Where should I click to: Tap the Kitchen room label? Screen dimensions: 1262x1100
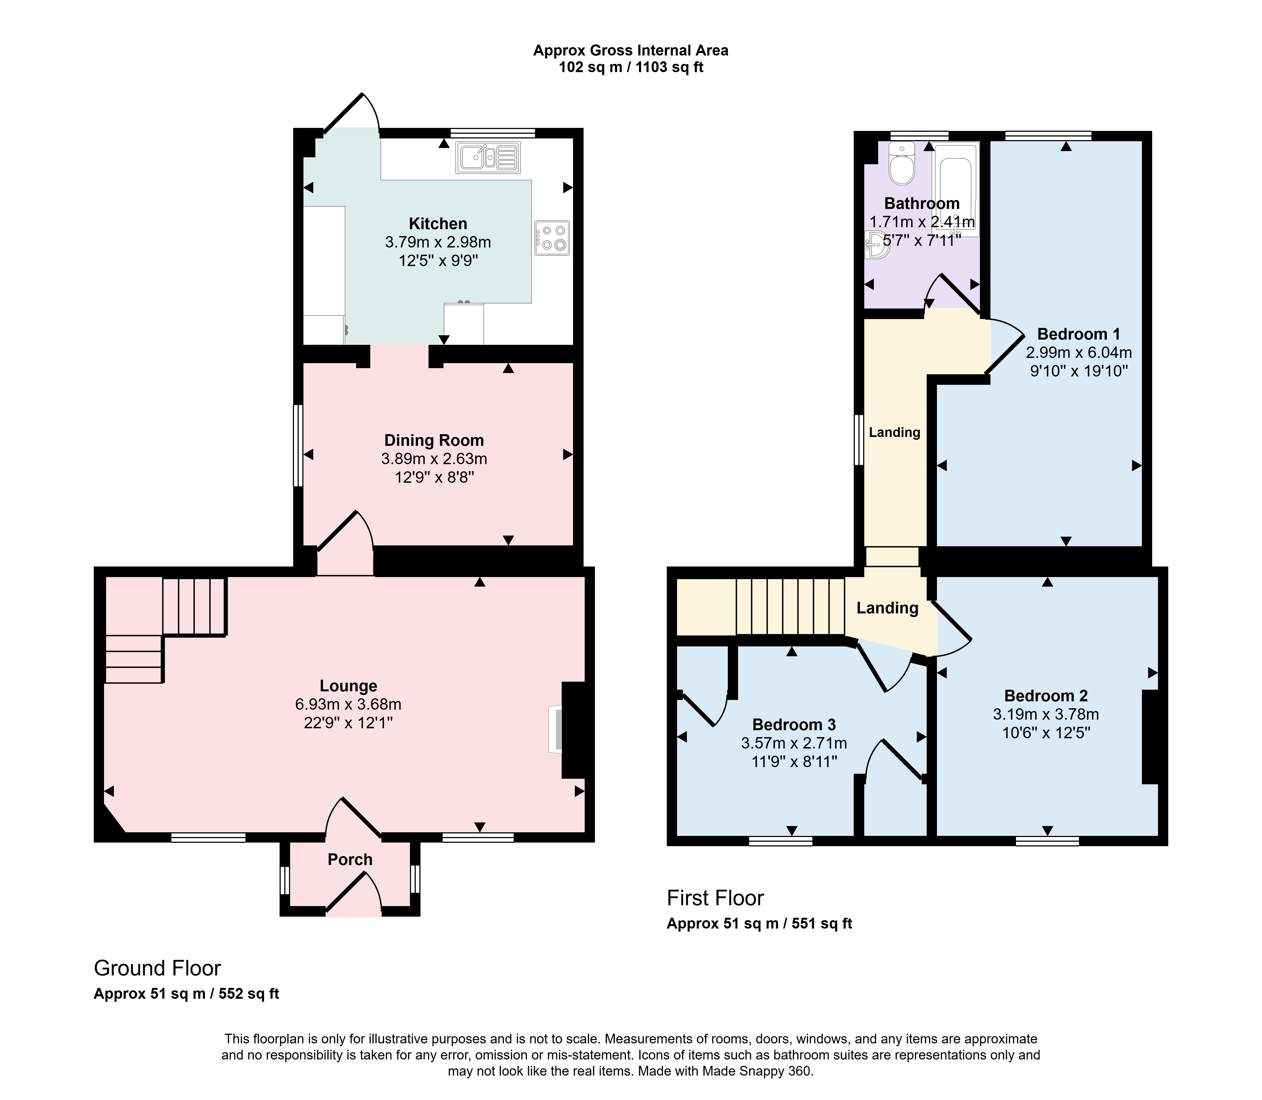point(438,223)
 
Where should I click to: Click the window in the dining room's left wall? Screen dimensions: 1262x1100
point(298,445)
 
